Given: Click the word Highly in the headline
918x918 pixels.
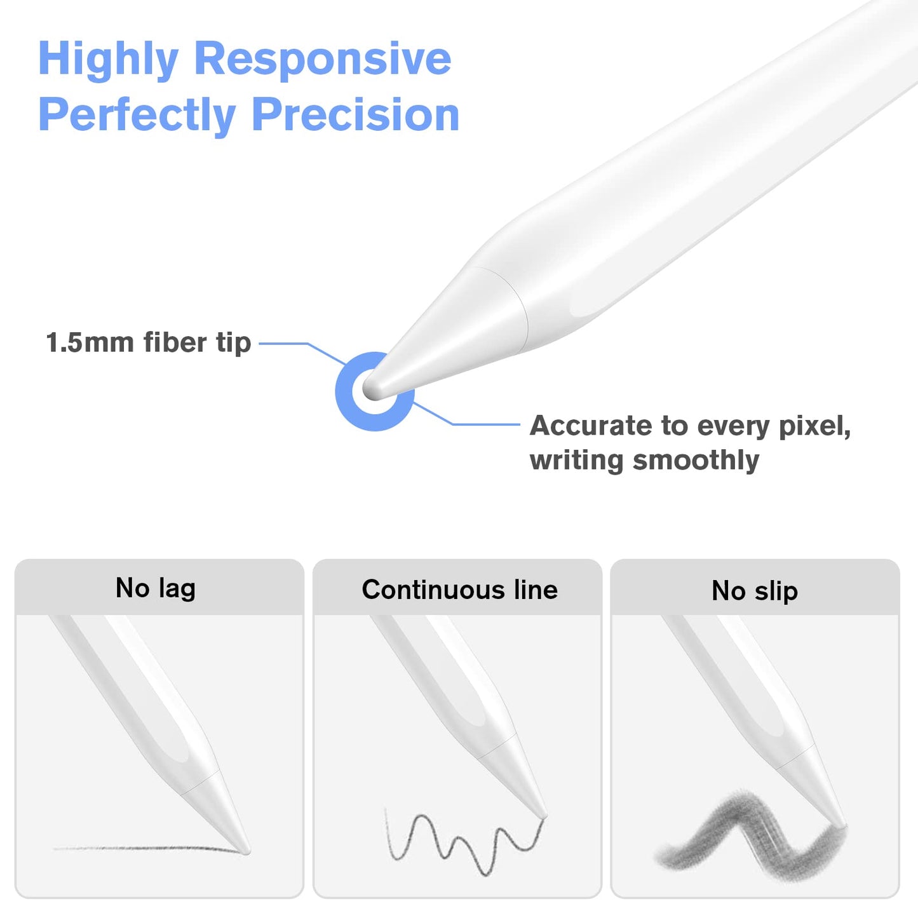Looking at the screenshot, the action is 109,59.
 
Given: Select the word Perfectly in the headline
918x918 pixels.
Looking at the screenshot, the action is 137,115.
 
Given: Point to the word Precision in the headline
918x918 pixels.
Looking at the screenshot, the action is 356,114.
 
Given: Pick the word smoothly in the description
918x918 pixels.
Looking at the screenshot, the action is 696,460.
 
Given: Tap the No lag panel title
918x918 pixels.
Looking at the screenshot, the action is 155,589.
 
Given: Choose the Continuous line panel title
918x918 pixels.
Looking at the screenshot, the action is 460,590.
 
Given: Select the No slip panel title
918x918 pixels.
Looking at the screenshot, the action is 755,591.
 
